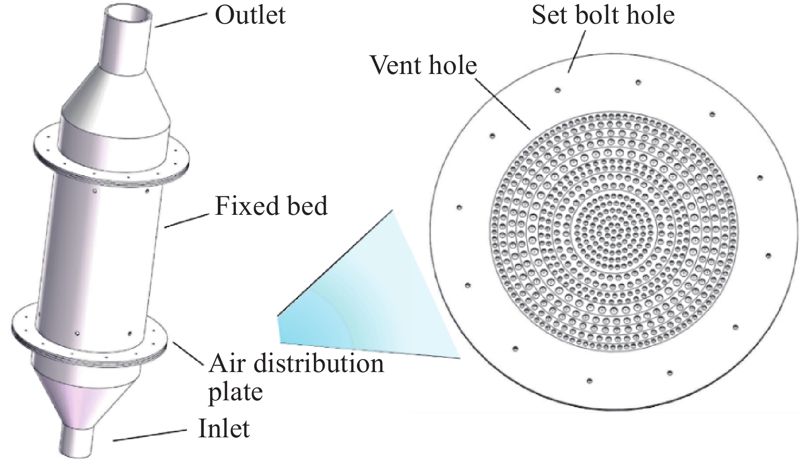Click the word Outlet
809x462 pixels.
[x=250, y=15]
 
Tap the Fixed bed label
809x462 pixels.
[x=271, y=206]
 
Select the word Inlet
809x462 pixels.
[x=224, y=429]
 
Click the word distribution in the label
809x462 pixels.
[x=319, y=363]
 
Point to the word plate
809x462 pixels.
[x=235, y=392]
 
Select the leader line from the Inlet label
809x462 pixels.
[x=149, y=435]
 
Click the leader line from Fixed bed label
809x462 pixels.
[x=186, y=220]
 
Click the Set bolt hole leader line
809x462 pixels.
[x=576, y=51]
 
